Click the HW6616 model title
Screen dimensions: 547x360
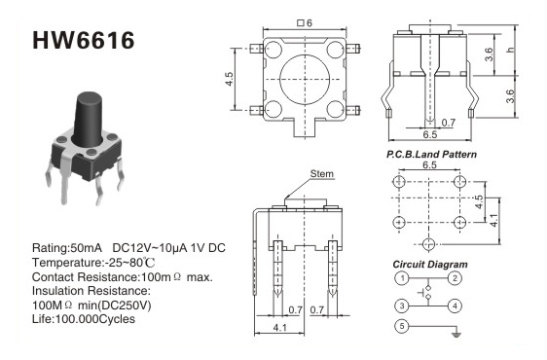tap(84, 40)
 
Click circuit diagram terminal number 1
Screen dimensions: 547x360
tap(402, 278)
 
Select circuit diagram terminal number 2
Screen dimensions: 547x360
tap(455, 278)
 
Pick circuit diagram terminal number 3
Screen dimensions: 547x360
tap(402, 306)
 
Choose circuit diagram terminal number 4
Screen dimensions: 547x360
tap(455, 306)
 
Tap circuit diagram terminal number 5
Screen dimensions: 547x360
tap(402, 326)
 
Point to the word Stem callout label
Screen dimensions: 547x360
tap(321, 174)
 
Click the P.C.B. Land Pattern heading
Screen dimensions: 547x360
tap(431, 154)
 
